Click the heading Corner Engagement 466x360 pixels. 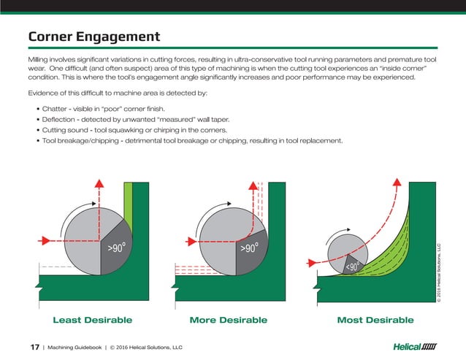[x=93, y=36]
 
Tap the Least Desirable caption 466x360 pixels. [x=92, y=320]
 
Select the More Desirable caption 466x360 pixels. [x=228, y=320]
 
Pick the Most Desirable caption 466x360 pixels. [x=375, y=320]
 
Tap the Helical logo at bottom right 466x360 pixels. [x=414, y=346]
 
